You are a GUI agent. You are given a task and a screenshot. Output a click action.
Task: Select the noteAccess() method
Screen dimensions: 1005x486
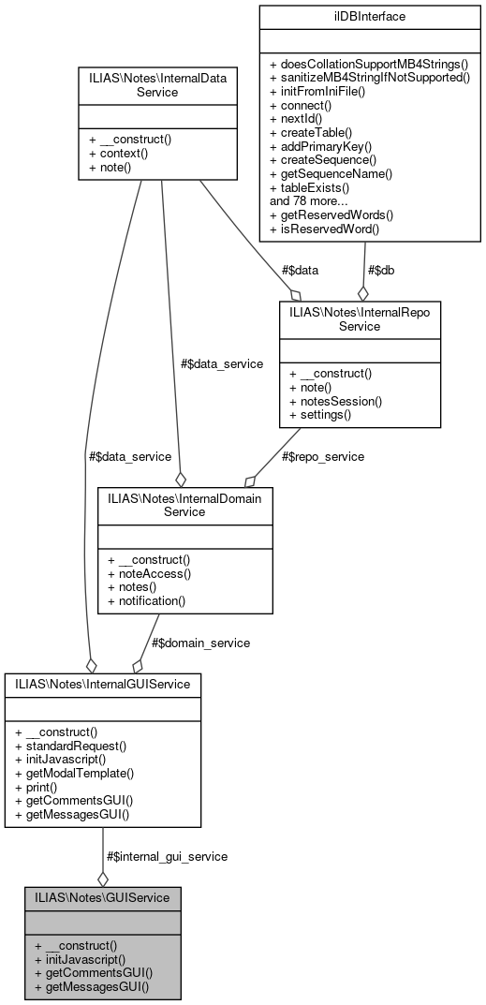[149, 572]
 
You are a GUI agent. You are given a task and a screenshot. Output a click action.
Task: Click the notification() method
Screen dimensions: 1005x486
[147, 600]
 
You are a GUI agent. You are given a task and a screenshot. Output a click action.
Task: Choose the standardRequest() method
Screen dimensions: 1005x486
[71, 746]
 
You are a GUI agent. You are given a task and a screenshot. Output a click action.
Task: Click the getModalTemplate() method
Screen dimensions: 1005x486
[75, 774]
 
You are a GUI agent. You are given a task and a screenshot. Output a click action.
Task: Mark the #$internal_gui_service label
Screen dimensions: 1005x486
[167, 856]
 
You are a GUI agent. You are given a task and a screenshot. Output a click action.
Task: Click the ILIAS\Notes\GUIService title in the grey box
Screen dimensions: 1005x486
[102, 897]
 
